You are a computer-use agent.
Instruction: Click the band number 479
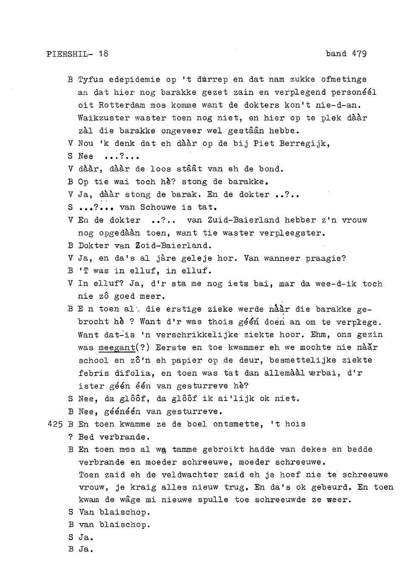[x=359, y=54]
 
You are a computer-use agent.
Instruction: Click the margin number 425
[x=55, y=424]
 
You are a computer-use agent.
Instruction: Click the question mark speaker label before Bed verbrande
[x=70, y=437]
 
